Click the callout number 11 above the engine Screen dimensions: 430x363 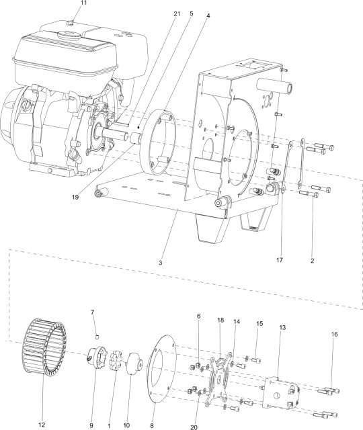tap(84, 4)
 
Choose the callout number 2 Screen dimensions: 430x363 tap(313, 259)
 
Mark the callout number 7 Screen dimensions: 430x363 tap(93, 312)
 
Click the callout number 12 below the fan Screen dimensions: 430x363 tap(42, 425)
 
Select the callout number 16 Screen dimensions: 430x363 tap(334, 334)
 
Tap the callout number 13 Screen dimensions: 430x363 tap(282, 327)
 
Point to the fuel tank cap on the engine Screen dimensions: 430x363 tap(71, 24)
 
